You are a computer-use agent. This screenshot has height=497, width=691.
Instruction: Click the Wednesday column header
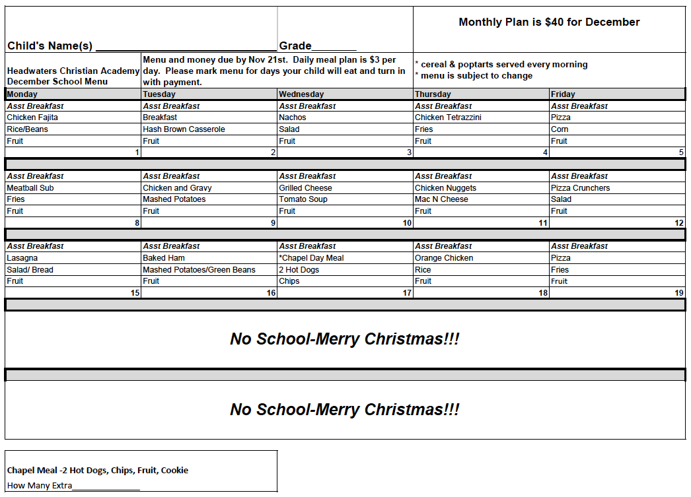(x=301, y=94)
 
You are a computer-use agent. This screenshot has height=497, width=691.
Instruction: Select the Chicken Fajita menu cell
(x=32, y=117)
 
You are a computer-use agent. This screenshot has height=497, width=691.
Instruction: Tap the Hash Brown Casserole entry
(x=184, y=129)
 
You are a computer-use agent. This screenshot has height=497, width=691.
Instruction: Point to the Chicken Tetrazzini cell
(x=448, y=117)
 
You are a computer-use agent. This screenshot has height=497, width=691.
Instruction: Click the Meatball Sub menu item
(x=30, y=188)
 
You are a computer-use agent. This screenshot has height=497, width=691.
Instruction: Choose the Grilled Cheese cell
(x=305, y=188)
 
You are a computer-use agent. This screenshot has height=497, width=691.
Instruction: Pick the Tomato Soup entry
(x=303, y=199)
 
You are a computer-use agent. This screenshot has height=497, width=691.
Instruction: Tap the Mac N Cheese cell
(x=441, y=199)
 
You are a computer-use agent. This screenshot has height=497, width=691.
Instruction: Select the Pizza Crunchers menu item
(x=580, y=188)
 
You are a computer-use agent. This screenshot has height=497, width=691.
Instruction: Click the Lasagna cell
(x=22, y=258)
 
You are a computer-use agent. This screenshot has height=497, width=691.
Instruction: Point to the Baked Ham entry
(x=164, y=258)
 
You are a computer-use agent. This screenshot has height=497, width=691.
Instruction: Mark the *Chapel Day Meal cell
(x=311, y=258)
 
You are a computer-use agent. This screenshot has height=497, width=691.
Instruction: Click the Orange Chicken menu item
(x=444, y=258)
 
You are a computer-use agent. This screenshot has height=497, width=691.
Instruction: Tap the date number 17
(x=407, y=293)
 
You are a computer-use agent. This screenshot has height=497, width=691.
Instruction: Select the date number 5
(x=681, y=152)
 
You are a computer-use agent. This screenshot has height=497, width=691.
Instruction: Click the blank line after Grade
(x=334, y=48)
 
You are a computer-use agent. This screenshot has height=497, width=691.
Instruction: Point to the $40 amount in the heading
(x=554, y=22)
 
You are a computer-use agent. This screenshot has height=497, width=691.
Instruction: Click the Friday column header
(x=563, y=94)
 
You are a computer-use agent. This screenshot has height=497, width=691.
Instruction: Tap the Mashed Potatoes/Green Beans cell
(x=199, y=270)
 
